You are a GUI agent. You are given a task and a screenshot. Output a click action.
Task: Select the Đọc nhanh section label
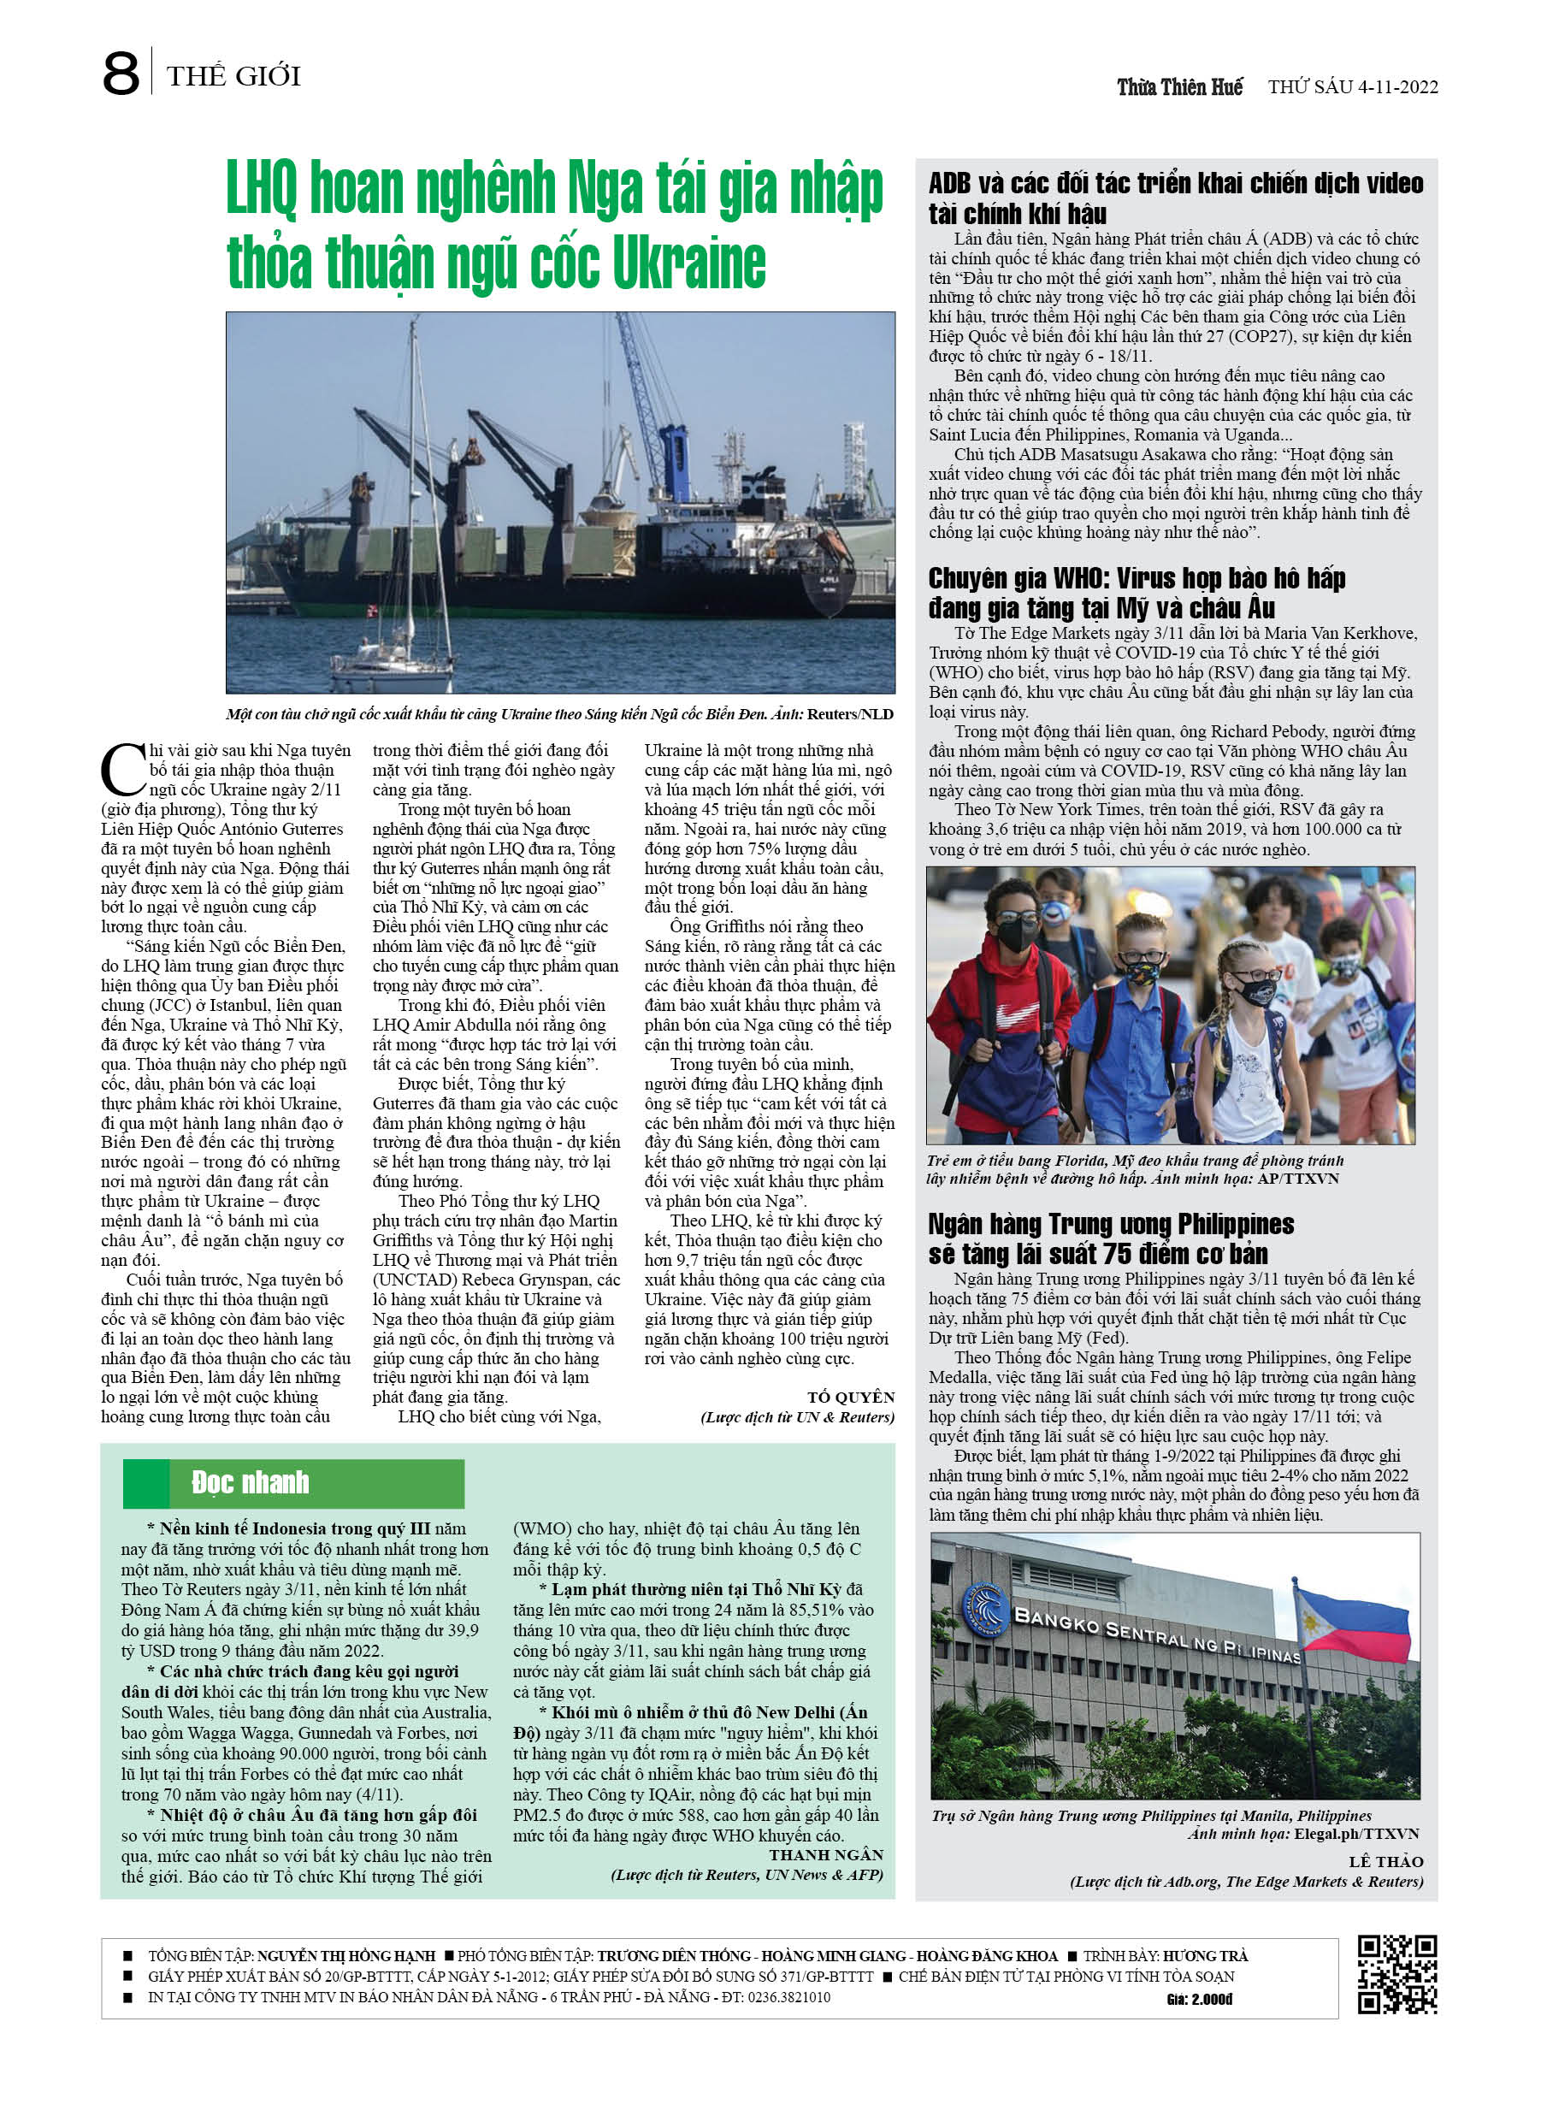[250, 1482]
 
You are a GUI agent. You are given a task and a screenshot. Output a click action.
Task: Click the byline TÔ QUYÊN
[851, 1396]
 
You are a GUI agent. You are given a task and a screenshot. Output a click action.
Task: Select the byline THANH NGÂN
[826, 1854]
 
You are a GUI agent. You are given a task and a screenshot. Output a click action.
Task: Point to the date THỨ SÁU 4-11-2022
[1353, 87]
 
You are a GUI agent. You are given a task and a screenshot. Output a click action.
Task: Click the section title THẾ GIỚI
[234, 76]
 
